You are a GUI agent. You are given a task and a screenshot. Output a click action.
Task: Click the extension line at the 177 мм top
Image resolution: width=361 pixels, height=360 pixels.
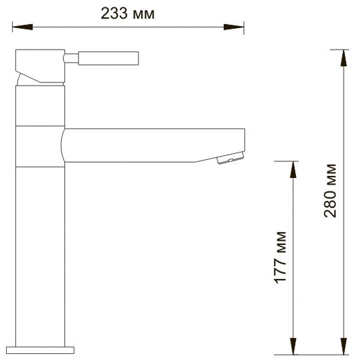point(285,161)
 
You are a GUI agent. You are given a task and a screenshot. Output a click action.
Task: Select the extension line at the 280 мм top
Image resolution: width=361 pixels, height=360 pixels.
point(339,49)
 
